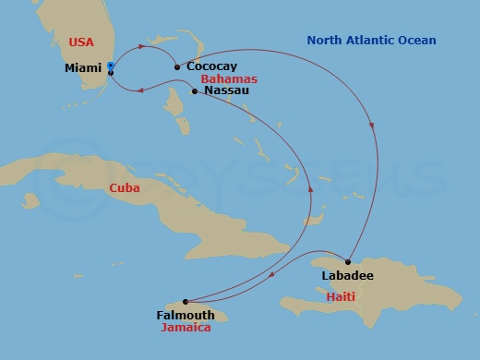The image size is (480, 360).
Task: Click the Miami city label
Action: pyautogui.click(x=83, y=67)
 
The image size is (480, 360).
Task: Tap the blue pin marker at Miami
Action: pyautogui.click(x=110, y=66)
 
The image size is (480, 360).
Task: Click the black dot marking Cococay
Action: pyautogui.click(x=176, y=66)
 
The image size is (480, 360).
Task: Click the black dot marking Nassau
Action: pyautogui.click(x=194, y=90)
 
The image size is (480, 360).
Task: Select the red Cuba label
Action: pyautogui.click(x=125, y=187)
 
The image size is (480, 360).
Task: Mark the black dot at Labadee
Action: pyautogui.click(x=348, y=262)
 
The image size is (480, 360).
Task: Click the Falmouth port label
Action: pyautogui.click(x=185, y=315)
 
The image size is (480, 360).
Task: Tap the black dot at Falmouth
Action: pyautogui.click(x=186, y=301)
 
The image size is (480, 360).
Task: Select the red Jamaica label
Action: pyautogui.click(x=185, y=328)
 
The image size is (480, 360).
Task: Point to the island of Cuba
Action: pyautogui.click(x=185, y=198)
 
